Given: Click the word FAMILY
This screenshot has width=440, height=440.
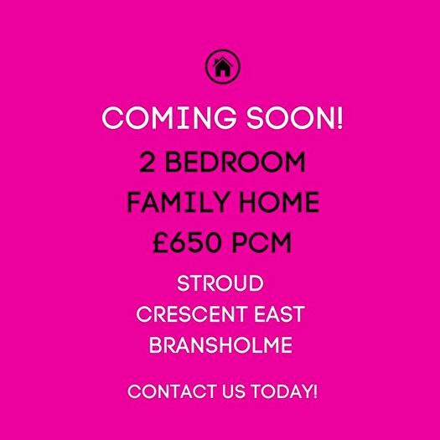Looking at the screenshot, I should (x=171, y=203).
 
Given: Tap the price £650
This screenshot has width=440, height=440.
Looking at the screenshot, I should (x=189, y=244).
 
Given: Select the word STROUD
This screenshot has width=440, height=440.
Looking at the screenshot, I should (x=220, y=282).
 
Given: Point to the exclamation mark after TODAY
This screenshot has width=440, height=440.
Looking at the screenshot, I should (x=314, y=391).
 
